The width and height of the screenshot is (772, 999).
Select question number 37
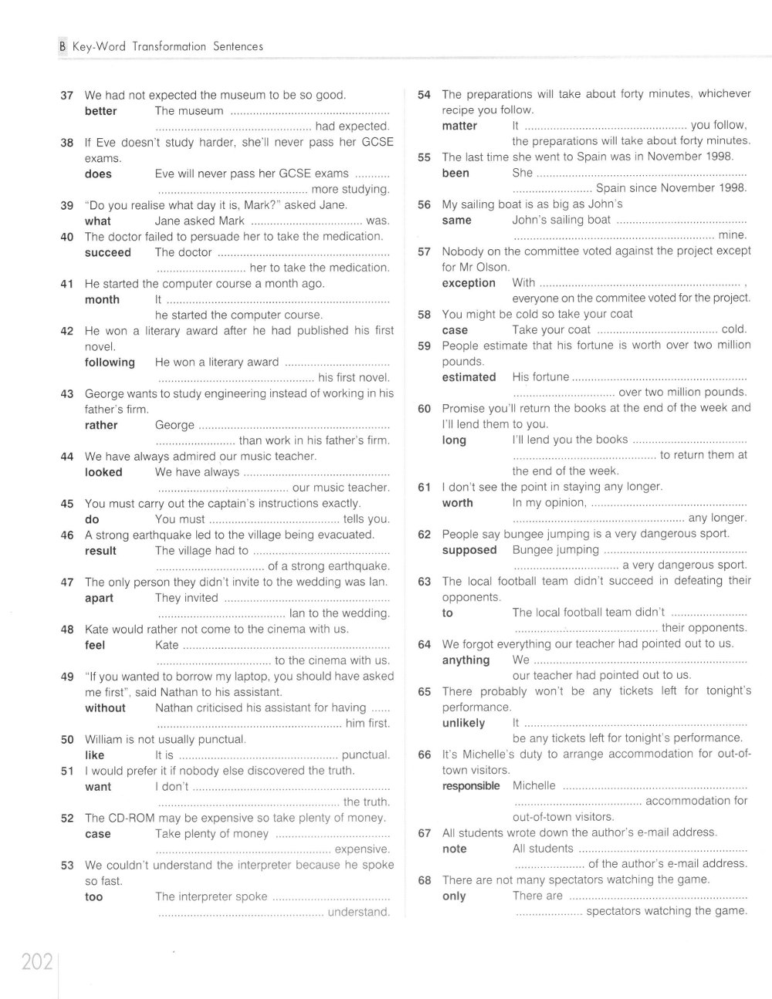[x=66, y=96]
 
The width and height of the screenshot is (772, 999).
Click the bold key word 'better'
[x=100, y=111]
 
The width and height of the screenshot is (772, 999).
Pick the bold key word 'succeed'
[x=107, y=252]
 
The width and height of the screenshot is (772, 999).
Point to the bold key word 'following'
[x=110, y=362]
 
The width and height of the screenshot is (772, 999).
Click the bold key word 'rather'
[x=101, y=425]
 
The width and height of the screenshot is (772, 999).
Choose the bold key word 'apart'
[x=99, y=598]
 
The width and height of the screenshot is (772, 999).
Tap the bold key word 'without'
[x=105, y=707]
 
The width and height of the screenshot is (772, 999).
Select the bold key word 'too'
[x=93, y=896]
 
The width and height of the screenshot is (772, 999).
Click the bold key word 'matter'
[x=459, y=126]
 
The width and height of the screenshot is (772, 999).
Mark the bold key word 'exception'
[x=469, y=283]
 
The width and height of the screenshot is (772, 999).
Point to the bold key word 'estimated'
[x=469, y=377]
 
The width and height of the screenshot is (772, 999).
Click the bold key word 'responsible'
[x=471, y=785]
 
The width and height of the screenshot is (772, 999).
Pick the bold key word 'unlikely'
[x=463, y=723]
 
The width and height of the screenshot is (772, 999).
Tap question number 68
[x=424, y=880]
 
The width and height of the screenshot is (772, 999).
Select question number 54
[x=424, y=94]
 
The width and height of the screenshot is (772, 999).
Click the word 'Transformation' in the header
[x=168, y=46]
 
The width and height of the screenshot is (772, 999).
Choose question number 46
[x=66, y=535]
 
